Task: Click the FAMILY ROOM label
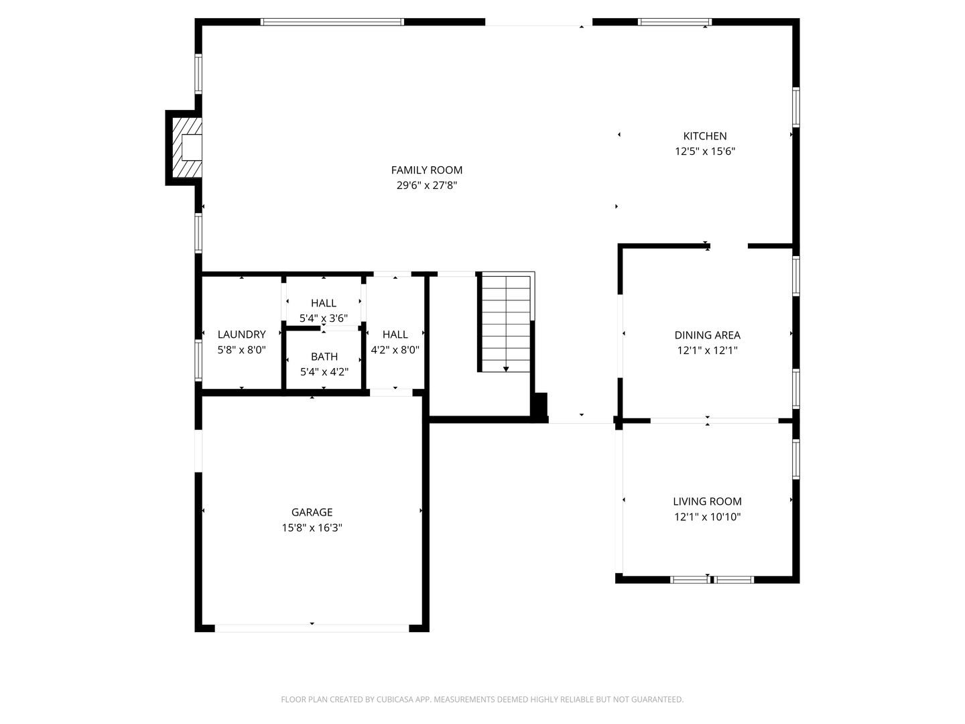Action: coord(426,170)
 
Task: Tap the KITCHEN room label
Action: coord(704,136)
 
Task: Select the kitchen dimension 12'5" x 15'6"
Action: coord(704,152)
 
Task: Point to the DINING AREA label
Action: coord(707,335)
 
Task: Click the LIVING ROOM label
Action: coord(707,501)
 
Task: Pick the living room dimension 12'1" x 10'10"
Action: coord(707,517)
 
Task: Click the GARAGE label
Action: coord(312,512)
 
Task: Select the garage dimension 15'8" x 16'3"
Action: coord(312,528)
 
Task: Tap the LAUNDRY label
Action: coord(241,335)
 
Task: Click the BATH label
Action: coord(324,357)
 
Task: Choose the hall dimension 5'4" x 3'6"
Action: coord(324,318)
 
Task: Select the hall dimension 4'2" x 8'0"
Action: coord(395,349)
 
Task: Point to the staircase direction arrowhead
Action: coord(506,369)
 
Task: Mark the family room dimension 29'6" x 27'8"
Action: coord(426,185)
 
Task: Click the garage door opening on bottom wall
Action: coord(312,628)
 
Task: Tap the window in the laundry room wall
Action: coord(198,361)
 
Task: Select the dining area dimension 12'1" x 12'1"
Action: coord(707,350)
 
